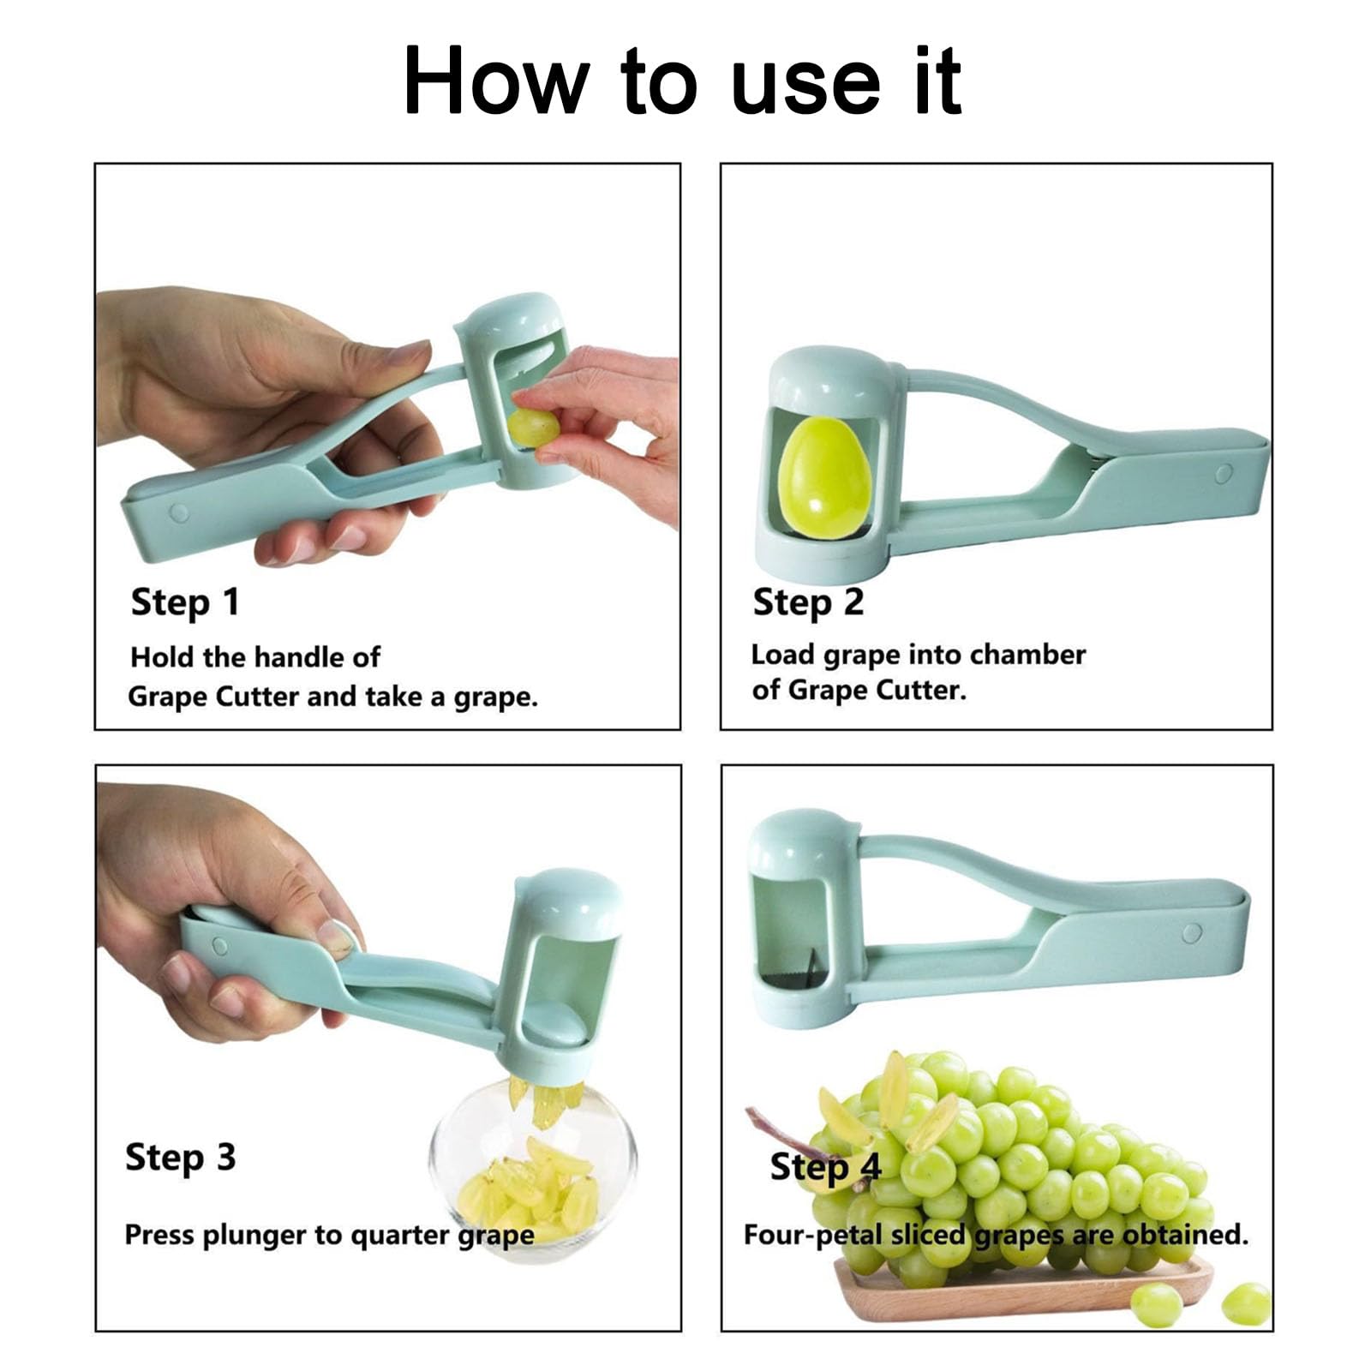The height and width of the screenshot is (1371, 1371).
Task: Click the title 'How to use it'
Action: pyautogui.click(x=683, y=81)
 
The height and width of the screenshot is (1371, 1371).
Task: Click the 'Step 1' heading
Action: pyautogui.click(x=184, y=602)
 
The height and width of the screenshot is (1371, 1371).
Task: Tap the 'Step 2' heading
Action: pyautogui.click(x=807, y=602)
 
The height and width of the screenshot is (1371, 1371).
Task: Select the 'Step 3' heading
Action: pyautogui.click(x=180, y=1157)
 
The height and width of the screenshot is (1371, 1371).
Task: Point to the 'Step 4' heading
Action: pyautogui.click(x=824, y=1166)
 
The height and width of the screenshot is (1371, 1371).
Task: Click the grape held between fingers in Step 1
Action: pyautogui.click(x=533, y=428)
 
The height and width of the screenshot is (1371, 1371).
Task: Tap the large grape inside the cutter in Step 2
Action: pyautogui.click(x=823, y=477)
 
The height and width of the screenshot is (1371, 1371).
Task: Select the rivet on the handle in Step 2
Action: pyautogui.click(x=1224, y=473)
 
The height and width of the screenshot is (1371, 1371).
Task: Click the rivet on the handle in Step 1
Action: pyautogui.click(x=179, y=512)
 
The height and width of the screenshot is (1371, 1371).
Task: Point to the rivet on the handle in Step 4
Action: pyautogui.click(x=1191, y=933)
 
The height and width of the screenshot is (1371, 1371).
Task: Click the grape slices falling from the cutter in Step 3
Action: pyautogui.click(x=546, y=1102)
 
